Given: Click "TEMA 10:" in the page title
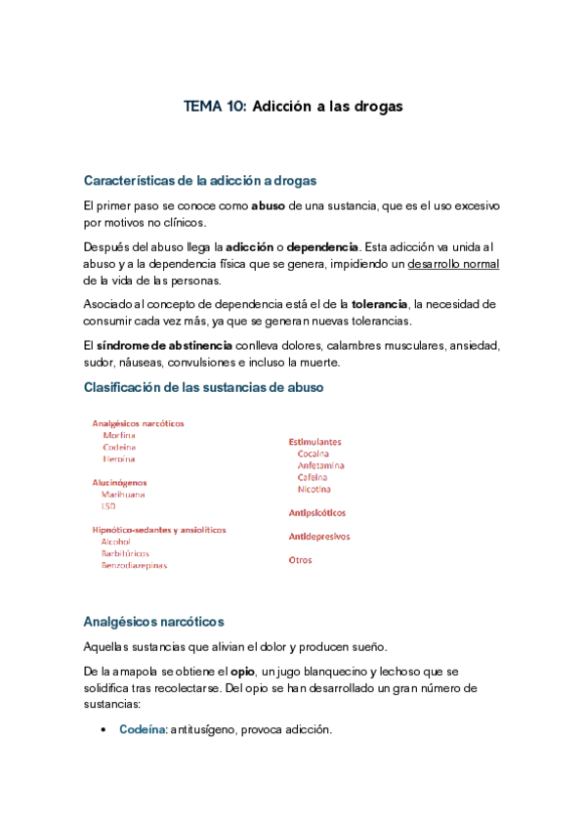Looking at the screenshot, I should click(x=216, y=106).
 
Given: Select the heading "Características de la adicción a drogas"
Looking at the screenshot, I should click(x=200, y=181).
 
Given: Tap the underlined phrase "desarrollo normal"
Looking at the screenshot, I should click(x=453, y=265).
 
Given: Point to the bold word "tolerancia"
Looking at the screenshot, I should click(x=382, y=305).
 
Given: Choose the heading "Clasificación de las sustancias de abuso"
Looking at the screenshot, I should click(x=203, y=387).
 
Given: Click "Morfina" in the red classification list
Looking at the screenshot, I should click(x=118, y=435).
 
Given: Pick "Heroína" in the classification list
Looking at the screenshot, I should click(x=118, y=458).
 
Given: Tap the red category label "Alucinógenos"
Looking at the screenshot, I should click(x=119, y=482).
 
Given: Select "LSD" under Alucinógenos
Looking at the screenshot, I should click(x=107, y=506).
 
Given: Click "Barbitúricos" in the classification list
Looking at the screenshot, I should click(x=125, y=553).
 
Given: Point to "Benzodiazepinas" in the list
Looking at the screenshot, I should click(x=134, y=565).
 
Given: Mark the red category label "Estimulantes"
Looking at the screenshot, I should click(x=314, y=441).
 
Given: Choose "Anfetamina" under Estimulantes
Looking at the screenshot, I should click(x=320, y=465).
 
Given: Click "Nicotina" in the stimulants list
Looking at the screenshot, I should click(x=314, y=489).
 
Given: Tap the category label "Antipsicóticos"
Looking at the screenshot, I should click(x=316, y=512).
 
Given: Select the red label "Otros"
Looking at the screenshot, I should click(x=300, y=560).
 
